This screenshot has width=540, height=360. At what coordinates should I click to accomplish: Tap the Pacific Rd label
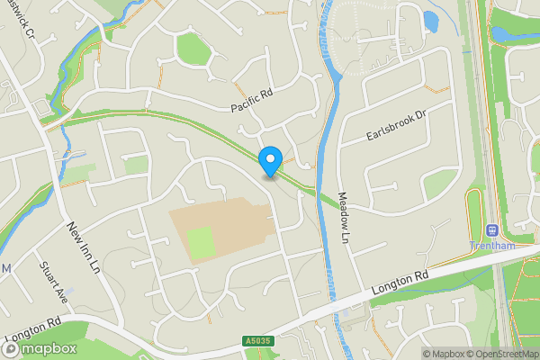click(x=250, y=99)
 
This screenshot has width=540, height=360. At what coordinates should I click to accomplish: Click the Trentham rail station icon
click(x=491, y=230)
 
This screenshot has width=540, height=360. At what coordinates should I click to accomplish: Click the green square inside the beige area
click(x=202, y=241)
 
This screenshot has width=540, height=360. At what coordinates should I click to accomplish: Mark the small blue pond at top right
click(x=430, y=20)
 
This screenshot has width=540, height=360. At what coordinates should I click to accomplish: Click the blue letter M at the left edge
click(x=5, y=269)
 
